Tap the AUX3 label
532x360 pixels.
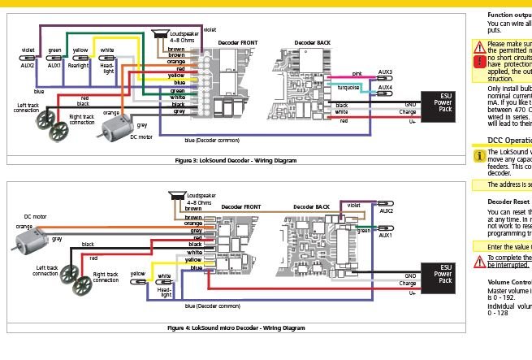point(385,72)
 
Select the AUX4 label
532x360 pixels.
point(385,87)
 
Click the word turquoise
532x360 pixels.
point(350,86)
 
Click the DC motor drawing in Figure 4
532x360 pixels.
point(25,236)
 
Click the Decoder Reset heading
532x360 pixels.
point(509,201)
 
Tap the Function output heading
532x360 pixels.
point(509,15)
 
